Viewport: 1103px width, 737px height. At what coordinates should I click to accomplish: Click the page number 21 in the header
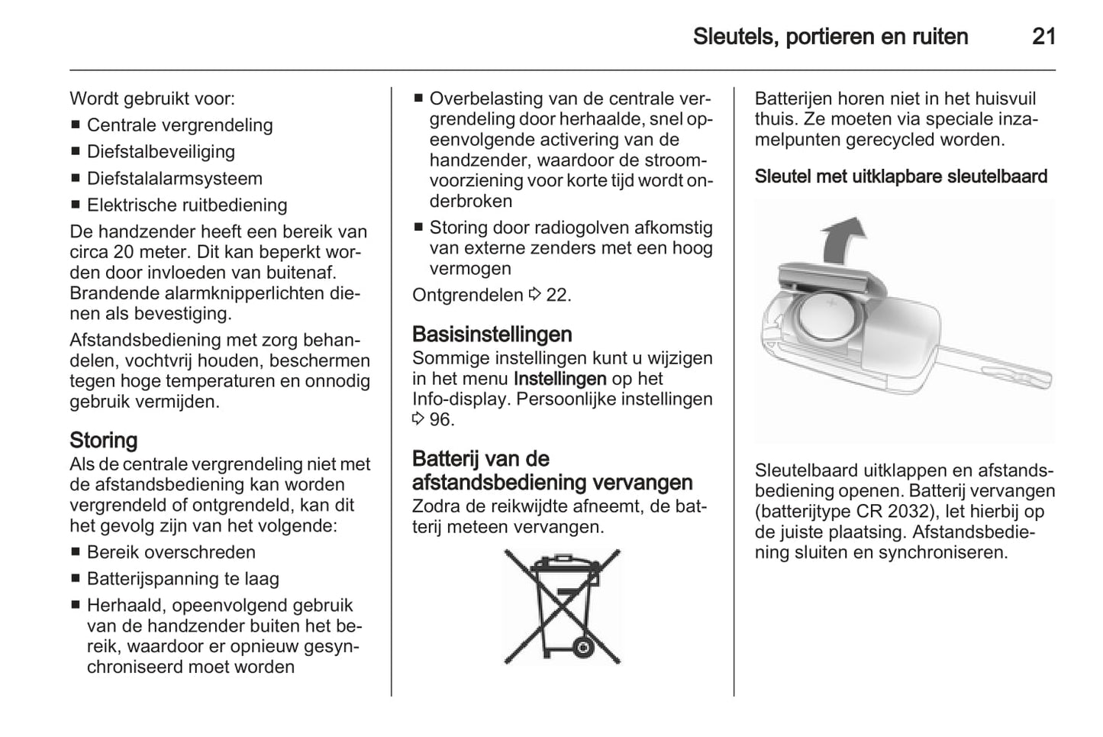pyautogui.click(x=1043, y=37)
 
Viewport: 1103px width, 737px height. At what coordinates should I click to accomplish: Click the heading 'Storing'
pyautogui.click(x=104, y=441)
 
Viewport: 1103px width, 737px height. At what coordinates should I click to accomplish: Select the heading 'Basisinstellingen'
pyautogui.click(x=492, y=335)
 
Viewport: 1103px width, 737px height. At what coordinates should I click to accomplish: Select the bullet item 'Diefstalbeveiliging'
pyautogui.click(x=161, y=152)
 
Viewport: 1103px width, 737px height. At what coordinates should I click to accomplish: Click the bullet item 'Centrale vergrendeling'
pyautogui.click(x=179, y=125)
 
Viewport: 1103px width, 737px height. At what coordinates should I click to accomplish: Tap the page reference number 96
pyautogui.click(x=440, y=419)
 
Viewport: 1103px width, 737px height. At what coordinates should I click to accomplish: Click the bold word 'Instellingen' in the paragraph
pyautogui.click(x=560, y=379)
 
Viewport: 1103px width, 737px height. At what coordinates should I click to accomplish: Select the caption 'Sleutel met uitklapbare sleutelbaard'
pyautogui.click(x=901, y=176)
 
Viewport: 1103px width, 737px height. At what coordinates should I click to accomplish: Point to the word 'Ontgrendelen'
pyautogui.click(x=467, y=295)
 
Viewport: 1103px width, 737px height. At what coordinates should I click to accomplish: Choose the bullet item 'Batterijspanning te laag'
pyautogui.click(x=183, y=579)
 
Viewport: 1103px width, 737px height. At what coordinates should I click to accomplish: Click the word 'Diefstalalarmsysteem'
pyautogui.click(x=175, y=179)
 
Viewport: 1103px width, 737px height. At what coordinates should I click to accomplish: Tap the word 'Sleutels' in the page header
pyautogui.click(x=733, y=37)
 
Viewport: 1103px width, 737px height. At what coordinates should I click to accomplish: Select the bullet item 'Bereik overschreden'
pyautogui.click(x=171, y=552)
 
